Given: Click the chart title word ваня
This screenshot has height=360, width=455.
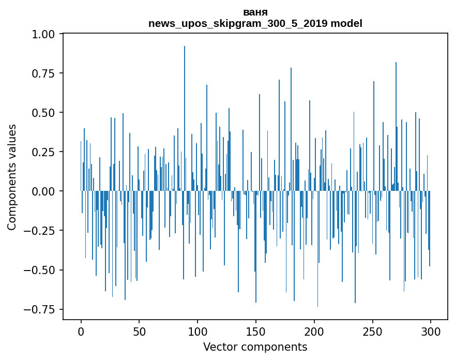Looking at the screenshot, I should click(x=255, y=12).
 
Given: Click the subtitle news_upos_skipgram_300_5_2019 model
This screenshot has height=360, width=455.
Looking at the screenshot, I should click(x=255, y=23).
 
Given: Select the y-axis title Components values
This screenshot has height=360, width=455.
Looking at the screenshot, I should click(x=12, y=177).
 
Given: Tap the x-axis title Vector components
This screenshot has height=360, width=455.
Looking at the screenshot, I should click(x=255, y=347).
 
